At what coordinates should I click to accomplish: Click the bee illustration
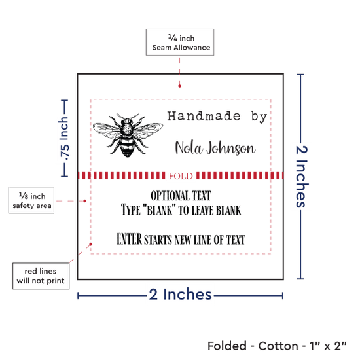point(128,135)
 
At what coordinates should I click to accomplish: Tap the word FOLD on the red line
point(181,176)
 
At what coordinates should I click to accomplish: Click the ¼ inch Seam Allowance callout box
point(180,43)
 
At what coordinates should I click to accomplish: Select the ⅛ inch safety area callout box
point(31,200)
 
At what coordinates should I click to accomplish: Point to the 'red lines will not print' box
point(41,276)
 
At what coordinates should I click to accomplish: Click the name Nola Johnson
point(215,148)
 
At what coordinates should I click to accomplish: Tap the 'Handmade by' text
point(217,116)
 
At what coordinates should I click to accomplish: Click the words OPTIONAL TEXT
point(181,196)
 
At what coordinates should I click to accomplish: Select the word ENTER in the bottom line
point(129,239)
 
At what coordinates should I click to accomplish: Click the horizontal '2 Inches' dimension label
point(180,295)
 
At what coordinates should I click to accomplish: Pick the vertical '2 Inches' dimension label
point(302,176)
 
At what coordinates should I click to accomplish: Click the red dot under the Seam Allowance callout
point(179,86)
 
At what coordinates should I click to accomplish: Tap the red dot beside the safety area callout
point(84,201)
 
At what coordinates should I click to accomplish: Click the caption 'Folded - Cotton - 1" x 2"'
point(277,346)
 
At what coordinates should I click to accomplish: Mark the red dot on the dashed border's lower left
point(91,244)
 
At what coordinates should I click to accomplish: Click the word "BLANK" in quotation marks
point(159,210)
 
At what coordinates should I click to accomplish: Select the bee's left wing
point(106,130)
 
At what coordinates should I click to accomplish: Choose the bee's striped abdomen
point(127,146)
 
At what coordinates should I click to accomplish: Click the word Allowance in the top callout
point(192,48)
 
